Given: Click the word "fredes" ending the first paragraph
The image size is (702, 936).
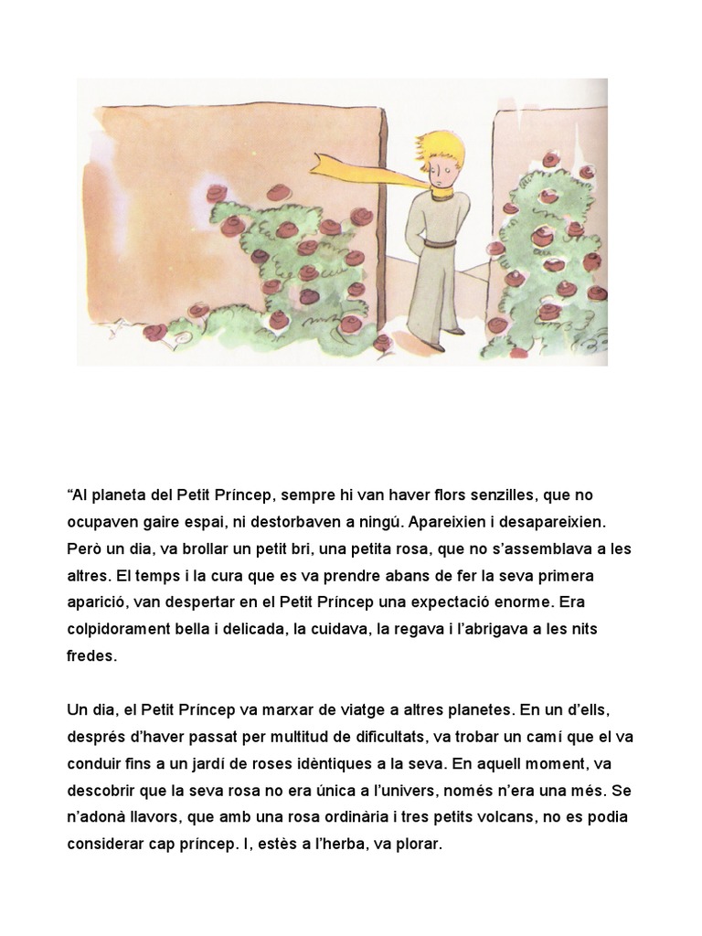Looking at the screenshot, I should coord(91,655).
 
